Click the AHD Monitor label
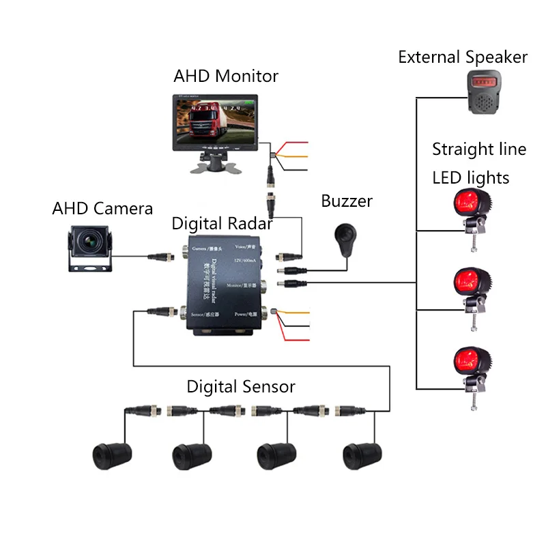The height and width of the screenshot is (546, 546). pyautogui.click(x=226, y=75)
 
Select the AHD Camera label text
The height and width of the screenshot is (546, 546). pyautogui.click(x=102, y=208)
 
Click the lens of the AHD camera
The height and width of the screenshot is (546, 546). pyautogui.click(x=90, y=241)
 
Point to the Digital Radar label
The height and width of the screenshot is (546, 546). pyautogui.click(x=222, y=223)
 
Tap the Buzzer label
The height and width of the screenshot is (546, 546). pyautogui.click(x=347, y=201)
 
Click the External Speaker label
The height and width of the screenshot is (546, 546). pyautogui.click(x=463, y=57)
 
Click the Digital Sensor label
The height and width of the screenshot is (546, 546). pyautogui.click(x=241, y=387)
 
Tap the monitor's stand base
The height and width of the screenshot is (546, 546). pyautogui.click(x=211, y=164)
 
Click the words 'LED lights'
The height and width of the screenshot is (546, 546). pyautogui.click(x=471, y=178)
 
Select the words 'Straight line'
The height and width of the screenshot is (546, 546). pyautogui.click(x=479, y=149)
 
